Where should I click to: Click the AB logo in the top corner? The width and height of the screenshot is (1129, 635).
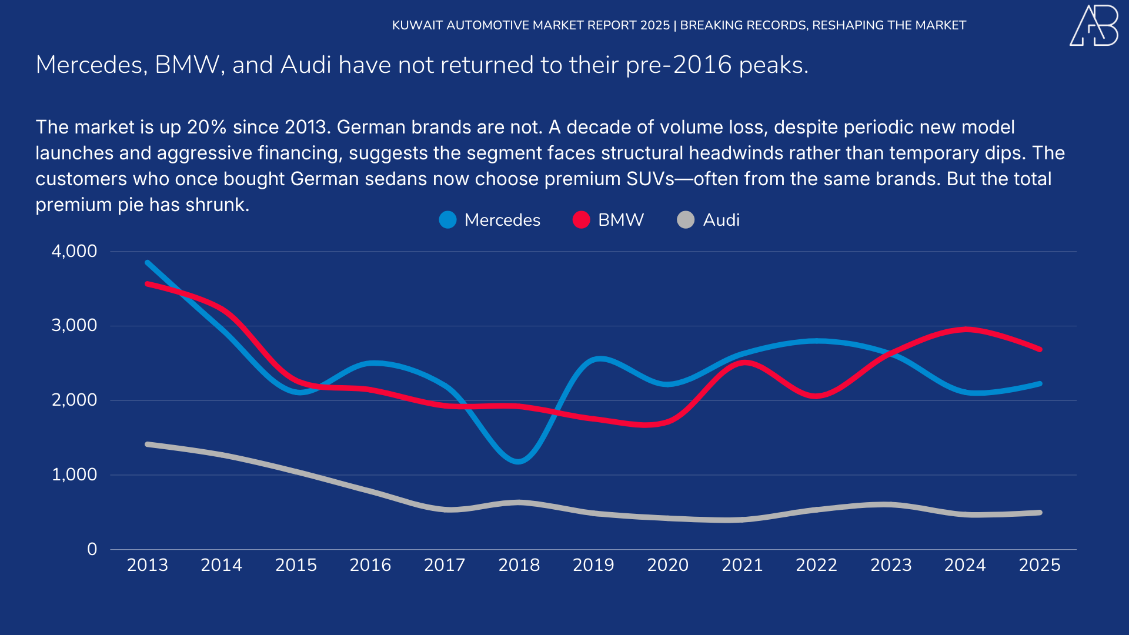tap(1094, 26)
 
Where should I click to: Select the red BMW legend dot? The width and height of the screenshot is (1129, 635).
tap(581, 220)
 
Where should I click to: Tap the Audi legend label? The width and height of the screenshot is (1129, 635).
tap(721, 220)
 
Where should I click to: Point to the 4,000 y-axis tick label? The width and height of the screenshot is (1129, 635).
tap(74, 251)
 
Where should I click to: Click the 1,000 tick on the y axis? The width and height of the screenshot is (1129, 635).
tap(74, 474)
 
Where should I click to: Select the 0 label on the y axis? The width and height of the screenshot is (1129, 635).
tap(92, 549)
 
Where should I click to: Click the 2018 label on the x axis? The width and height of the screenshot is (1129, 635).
tap(519, 565)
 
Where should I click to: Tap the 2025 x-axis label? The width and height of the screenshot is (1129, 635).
tap(1039, 565)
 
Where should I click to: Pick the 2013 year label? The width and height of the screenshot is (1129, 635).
tap(147, 565)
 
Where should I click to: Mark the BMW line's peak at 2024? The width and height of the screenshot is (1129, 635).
tap(966, 329)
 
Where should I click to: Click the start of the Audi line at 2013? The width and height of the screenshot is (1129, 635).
tap(148, 444)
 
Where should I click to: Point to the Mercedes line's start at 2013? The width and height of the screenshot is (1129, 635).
tap(148, 263)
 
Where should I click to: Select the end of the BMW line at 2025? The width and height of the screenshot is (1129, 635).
tap(1039, 349)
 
